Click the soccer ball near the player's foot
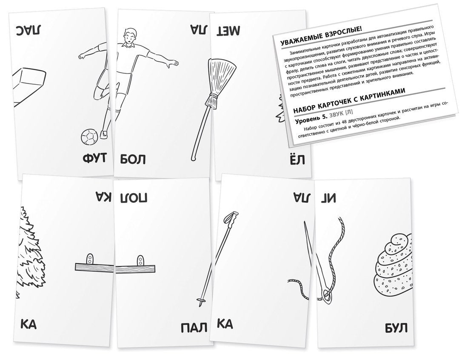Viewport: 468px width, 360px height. coord(89,137)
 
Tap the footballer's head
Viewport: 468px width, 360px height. coord(130,36)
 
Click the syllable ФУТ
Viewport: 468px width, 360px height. coord(94,158)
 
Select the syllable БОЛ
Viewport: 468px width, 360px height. coord(133,160)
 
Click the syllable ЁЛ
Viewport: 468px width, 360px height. coord(297,159)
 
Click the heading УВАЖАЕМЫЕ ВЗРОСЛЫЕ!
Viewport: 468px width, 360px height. coord(321,36)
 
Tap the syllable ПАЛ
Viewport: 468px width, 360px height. coord(194,328)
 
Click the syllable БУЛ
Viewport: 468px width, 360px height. coord(396,328)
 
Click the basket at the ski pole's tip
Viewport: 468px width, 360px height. coord(200,300)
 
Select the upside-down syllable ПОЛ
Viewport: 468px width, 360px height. coord(134,197)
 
